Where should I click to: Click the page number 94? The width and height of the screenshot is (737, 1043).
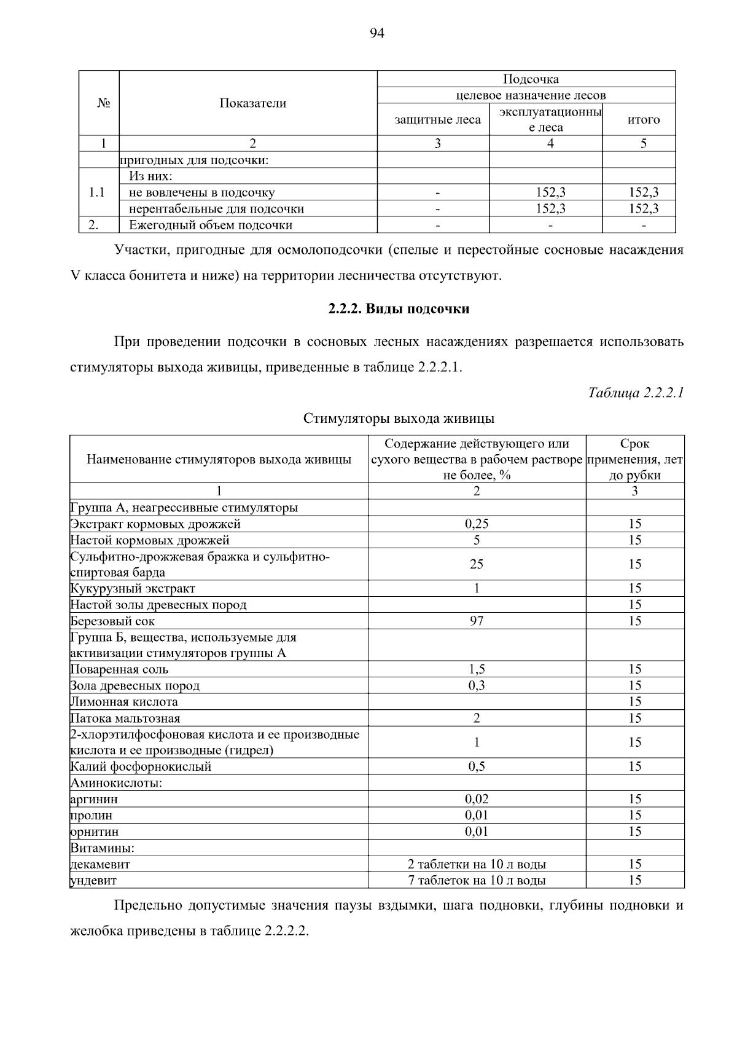point(376,34)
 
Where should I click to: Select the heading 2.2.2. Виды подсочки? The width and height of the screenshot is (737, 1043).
point(399,309)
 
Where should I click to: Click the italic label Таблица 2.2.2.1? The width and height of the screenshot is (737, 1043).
point(636,392)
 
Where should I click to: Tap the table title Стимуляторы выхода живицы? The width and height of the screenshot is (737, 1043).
point(399,419)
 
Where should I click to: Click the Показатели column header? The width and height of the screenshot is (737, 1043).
point(252,103)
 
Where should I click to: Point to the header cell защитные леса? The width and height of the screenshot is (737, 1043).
point(437,120)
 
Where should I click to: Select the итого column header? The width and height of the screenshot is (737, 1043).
point(643,120)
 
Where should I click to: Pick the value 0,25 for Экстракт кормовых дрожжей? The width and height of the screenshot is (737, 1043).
point(477,524)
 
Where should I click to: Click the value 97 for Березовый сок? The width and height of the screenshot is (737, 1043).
point(477,621)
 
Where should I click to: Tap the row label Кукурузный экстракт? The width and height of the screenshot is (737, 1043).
point(133,588)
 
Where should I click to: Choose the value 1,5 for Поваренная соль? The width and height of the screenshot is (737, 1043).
point(477,669)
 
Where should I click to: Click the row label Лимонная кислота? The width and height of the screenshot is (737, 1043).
point(124,701)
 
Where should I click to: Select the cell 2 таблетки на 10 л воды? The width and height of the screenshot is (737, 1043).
point(477,864)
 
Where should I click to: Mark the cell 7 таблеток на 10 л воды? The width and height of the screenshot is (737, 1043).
point(477,880)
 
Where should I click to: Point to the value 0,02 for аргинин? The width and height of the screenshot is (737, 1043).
point(477,799)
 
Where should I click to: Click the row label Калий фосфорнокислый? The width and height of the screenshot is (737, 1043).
point(141,766)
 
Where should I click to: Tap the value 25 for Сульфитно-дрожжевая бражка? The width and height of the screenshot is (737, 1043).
point(477,564)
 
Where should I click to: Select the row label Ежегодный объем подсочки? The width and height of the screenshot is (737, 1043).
point(211,225)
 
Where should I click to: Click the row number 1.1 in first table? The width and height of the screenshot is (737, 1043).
point(96,192)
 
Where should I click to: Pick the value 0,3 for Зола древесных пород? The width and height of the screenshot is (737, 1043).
point(477,685)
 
